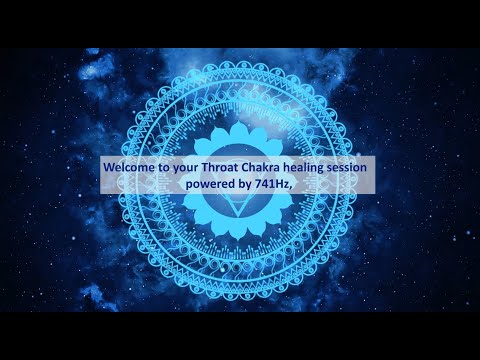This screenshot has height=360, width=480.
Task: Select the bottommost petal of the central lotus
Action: pyautogui.click(x=240, y=230)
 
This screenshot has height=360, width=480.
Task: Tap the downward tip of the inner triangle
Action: pyautogui.click(x=240, y=212)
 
